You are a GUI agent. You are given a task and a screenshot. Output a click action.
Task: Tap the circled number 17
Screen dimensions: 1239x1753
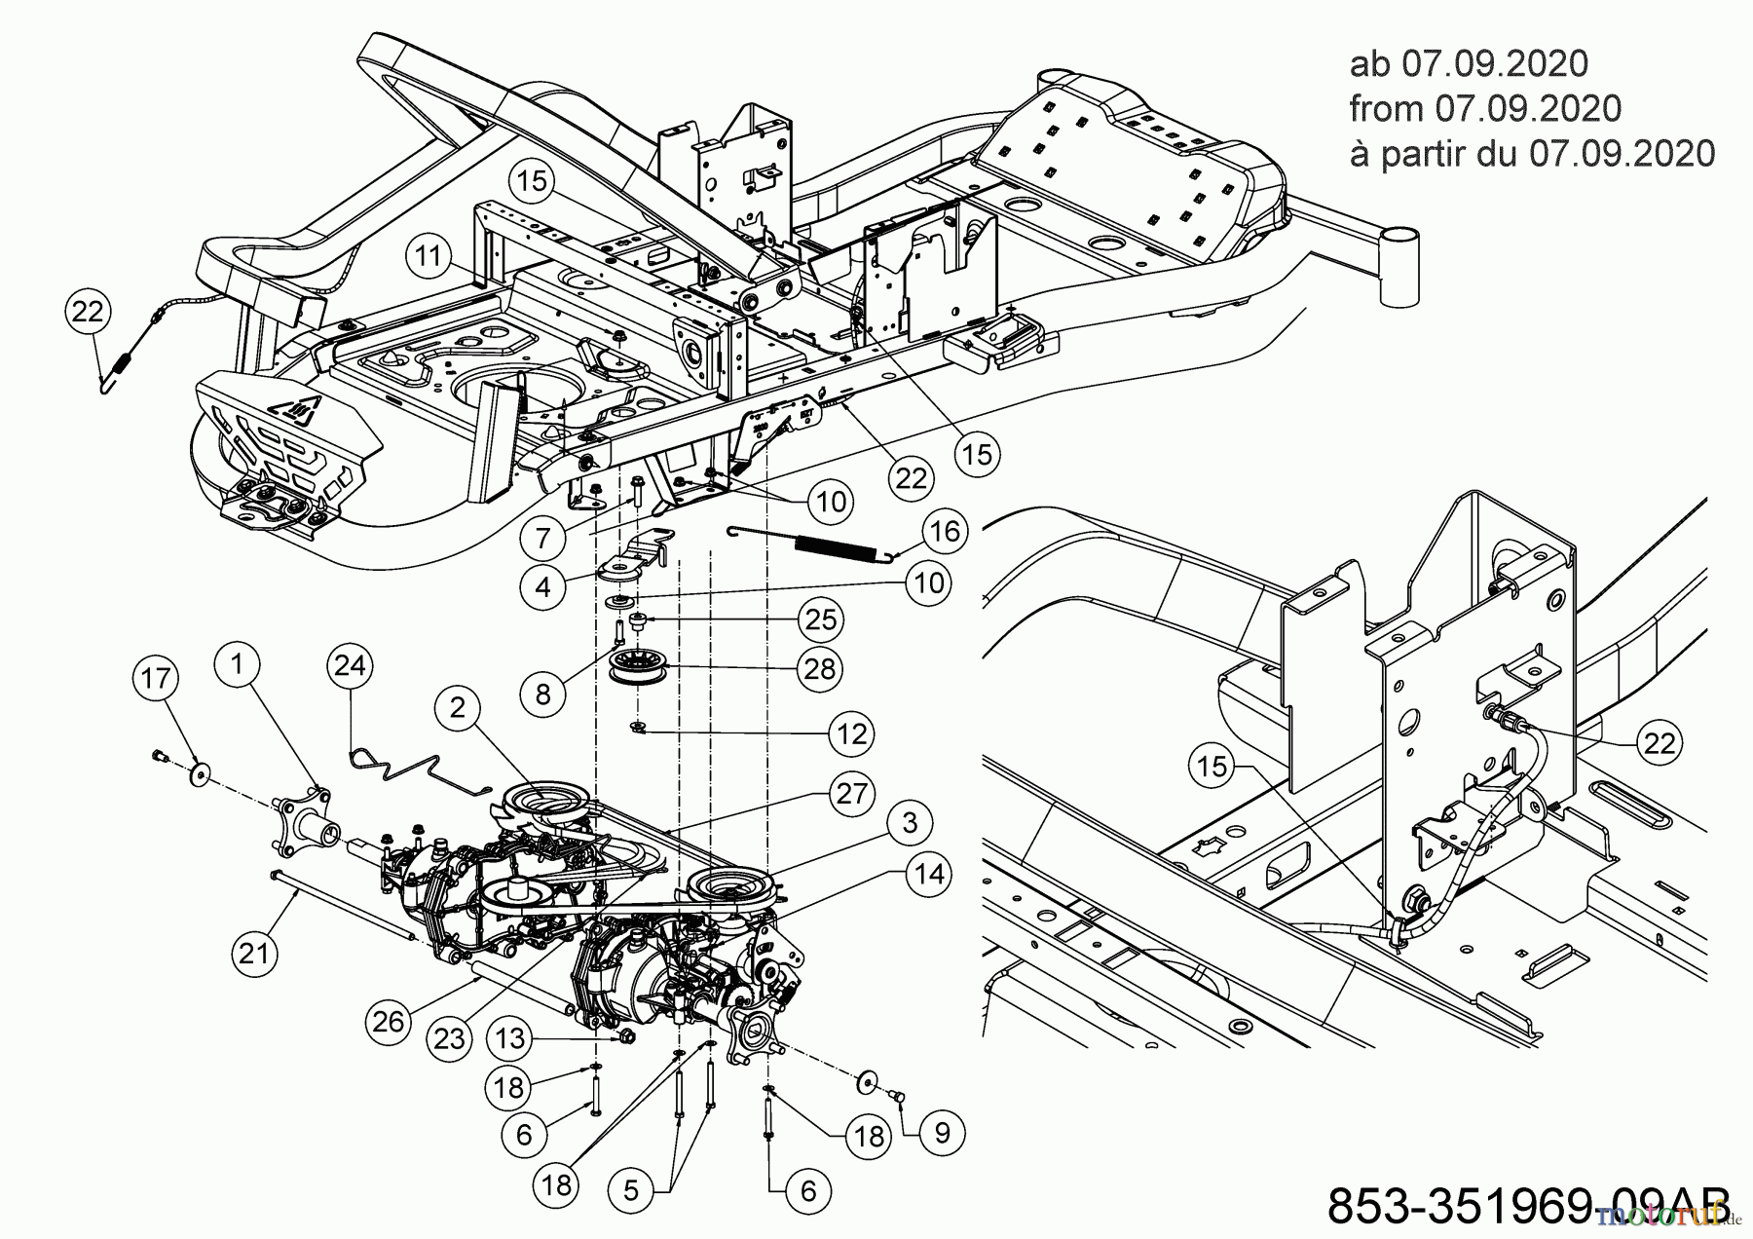(x=156, y=679)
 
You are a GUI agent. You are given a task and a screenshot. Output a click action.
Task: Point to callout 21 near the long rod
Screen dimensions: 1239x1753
(x=254, y=952)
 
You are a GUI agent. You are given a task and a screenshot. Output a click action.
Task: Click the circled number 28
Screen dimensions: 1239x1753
(x=820, y=669)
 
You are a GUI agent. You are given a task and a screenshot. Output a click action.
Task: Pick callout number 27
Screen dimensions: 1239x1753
(x=851, y=794)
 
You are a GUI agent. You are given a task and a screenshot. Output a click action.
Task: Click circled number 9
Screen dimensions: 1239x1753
(x=942, y=1132)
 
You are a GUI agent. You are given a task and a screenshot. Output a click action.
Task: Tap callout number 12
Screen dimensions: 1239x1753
(x=851, y=733)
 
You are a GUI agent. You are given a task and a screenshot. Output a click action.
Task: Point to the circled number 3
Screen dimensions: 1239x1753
(x=910, y=823)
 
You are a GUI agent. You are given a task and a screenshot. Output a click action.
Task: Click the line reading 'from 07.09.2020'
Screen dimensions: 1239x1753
(x=1485, y=109)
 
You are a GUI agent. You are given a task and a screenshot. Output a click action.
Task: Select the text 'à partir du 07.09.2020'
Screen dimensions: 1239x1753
(x=1532, y=154)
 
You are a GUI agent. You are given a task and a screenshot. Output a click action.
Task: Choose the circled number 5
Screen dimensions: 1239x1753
(x=632, y=1190)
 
